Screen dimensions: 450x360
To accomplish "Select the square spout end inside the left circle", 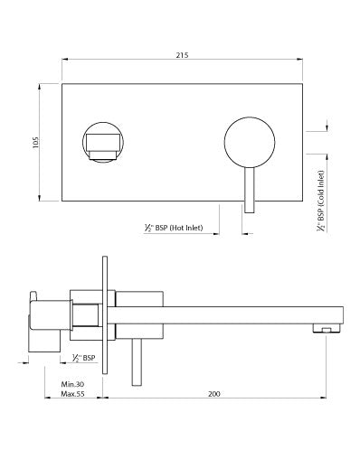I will [x=106, y=143].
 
